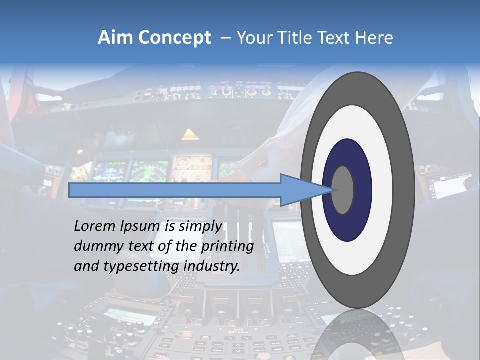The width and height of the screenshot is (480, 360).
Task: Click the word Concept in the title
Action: pyautogui.click(x=174, y=38)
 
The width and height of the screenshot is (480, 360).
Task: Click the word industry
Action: pyautogui.click(x=212, y=266)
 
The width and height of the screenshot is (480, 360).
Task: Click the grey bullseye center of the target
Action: pyautogui.click(x=343, y=190)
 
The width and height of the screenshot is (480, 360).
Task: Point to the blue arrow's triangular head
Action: pyautogui.click(x=300, y=190)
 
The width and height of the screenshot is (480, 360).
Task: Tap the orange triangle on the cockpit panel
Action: pyautogui.click(x=190, y=134)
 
